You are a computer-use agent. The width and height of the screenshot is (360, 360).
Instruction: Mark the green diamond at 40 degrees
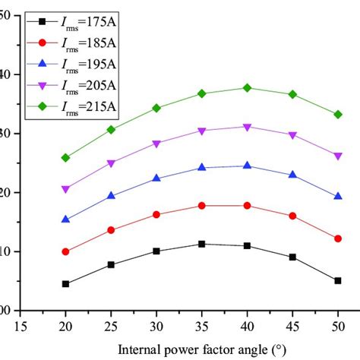[247, 88]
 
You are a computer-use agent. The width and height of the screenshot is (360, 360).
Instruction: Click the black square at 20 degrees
[66, 284]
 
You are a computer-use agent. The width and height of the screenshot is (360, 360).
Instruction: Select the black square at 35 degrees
[202, 244]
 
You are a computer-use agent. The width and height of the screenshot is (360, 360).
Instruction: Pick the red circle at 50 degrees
[338, 238]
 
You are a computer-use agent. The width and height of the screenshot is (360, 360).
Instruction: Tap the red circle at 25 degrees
[112, 230]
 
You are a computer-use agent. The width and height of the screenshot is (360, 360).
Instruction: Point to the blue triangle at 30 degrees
[156, 178]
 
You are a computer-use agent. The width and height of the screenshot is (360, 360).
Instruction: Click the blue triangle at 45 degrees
[292, 175]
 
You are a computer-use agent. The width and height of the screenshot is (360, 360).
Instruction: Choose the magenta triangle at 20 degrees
[66, 190]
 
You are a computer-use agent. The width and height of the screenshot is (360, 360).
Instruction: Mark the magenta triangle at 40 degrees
[247, 127]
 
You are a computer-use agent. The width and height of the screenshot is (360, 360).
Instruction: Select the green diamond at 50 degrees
[338, 115]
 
